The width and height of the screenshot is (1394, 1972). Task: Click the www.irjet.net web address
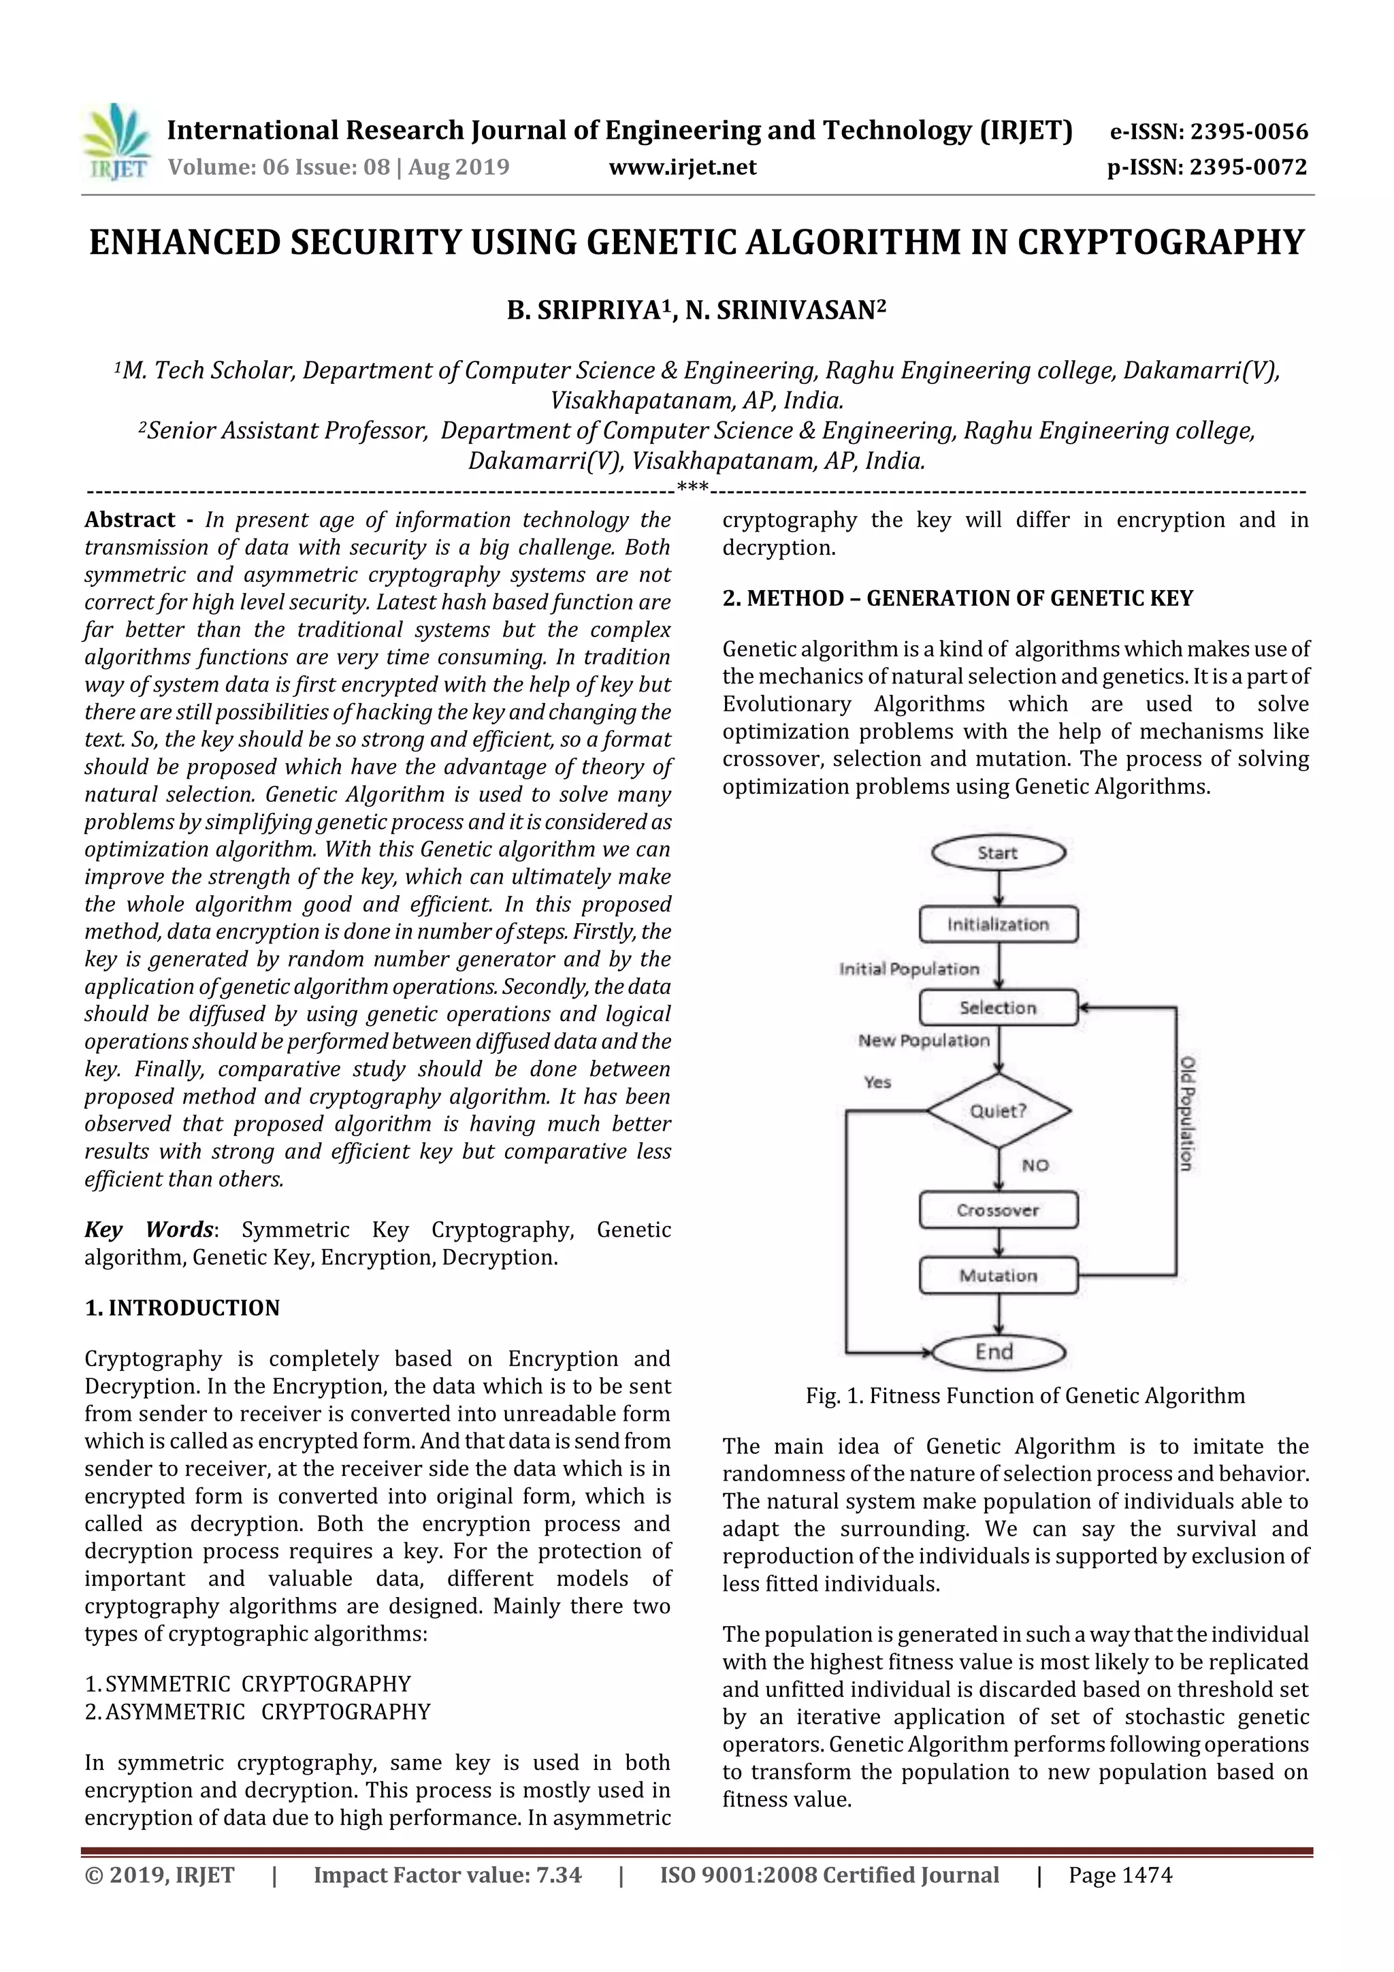click(682, 167)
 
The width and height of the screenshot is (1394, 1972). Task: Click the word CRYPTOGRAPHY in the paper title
click(1161, 242)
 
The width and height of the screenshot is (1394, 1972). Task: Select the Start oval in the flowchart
click(998, 853)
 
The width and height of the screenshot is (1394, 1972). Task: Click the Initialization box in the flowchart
click(998, 924)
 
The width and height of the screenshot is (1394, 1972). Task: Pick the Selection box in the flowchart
click(998, 1007)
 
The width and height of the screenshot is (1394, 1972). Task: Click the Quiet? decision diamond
click(998, 1110)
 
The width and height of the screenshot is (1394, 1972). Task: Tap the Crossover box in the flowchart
click(998, 1210)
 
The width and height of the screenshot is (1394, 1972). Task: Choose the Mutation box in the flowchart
click(998, 1276)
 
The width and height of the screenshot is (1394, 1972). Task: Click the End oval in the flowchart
click(998, 1352)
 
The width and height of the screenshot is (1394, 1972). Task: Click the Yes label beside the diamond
click(877, 1082)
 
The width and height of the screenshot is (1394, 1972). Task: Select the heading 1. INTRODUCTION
click(182, 1308)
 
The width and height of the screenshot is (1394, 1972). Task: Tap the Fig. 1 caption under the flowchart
click(1024, 1395)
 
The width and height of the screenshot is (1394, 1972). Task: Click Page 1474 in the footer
click(1120, 1875)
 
